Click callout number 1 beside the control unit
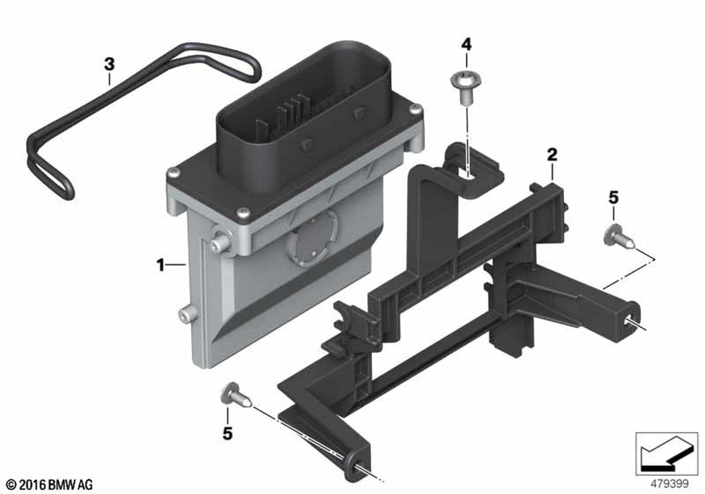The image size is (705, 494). coord(160,265)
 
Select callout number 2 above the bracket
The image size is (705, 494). coord(552,155)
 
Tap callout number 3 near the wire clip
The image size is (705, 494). coord(109,64)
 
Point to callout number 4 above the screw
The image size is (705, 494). coord(466,44)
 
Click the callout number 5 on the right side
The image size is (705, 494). coord(614,198)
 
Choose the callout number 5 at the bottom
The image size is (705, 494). coord(228,434)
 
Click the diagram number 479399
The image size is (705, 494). coord(670,484)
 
